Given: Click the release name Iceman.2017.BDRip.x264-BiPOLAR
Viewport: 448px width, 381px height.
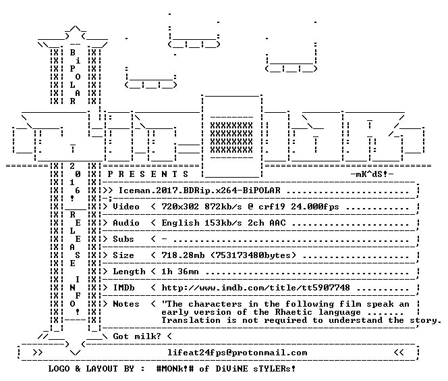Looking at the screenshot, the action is pyautogui.click(x=200, y=190).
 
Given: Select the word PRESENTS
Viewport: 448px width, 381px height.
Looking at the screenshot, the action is pyautogui.click(x=148, y=174).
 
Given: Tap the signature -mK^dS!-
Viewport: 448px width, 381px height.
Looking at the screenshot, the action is pyautogui.click(x=372, y=174).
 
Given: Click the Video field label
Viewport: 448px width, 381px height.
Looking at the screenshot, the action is pyautogui.click(x=126, y=207).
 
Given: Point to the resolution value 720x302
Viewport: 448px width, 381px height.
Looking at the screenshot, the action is pyautogui.click(x=180, y=207).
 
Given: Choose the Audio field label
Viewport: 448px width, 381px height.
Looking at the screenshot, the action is pyautogui.click(x=126, y=223).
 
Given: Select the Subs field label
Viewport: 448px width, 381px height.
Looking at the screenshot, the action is pyautogui.click(x=123, y=239).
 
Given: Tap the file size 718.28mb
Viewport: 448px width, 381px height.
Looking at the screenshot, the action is pyautogui.click(x=183, y=255).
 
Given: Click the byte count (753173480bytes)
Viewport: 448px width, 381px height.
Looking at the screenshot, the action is pyautogui.click(x=253, y=255).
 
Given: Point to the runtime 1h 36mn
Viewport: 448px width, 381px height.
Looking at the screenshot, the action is pyautogui.click(x=180, y=272).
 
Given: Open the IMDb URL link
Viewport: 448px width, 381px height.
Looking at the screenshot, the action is pyautogui.click(x=256, y=288).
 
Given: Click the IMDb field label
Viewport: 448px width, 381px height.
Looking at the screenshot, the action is pyautogui.click(x=123, y=288).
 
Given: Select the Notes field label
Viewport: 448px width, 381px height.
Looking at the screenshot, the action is pyautogui.click(x=126, y=304).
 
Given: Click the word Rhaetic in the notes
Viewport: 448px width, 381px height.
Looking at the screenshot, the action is pyautogui.click(x=293, y=312).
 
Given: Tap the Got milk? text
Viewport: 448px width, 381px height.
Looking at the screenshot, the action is pyautogui.click(x=137, y=336).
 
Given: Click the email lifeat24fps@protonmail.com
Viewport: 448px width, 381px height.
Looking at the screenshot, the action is pyautogui.click(x=237, y=353).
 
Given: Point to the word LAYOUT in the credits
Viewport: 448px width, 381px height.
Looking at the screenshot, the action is pyautogui.click(x=102, y=369).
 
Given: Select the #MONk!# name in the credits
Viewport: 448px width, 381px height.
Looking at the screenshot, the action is pyautogui.click(x=175, y=369).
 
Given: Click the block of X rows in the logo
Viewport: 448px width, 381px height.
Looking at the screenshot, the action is pyautogui.click(x=231, y=138).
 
